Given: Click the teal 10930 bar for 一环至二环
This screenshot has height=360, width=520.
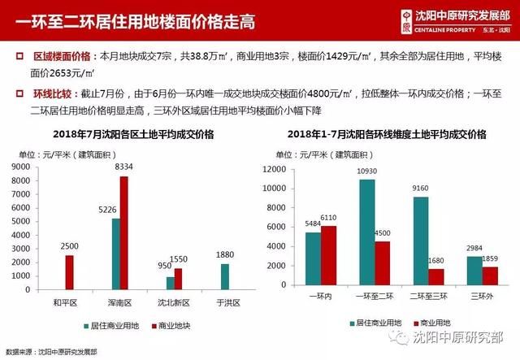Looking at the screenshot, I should [367, 233].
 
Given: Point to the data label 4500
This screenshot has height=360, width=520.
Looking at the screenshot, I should [383, 234].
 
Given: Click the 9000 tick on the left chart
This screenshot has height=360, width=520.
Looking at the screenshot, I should [23, 167].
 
